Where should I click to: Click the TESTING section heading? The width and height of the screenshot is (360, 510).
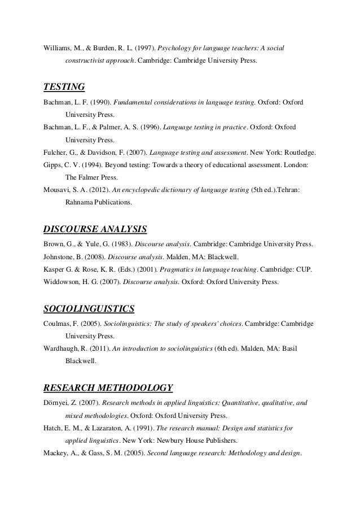point(64,87)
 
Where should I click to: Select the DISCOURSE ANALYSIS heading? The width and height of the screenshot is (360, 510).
point(95,229)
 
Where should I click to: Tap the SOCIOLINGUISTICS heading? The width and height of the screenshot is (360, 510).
point(88,309)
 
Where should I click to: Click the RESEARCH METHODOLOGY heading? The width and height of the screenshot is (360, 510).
point(107,388)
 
